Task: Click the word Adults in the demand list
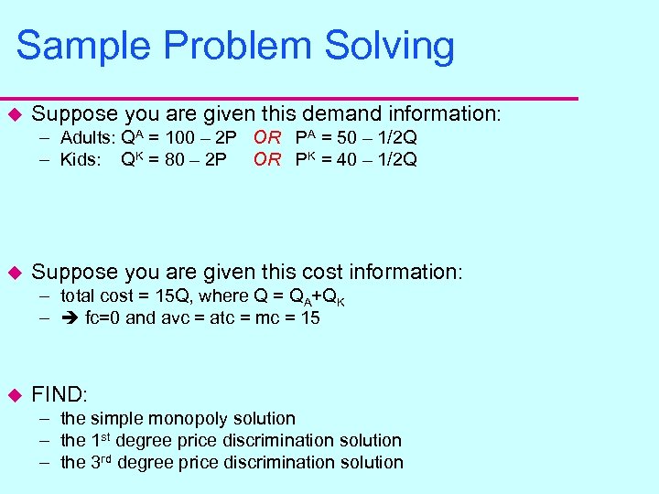click(86, 138)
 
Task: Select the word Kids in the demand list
click(79, 160)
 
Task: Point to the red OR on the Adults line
click(267, 138)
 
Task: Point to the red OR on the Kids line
click(267, 160)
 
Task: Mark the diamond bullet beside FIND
click(14, 395)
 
